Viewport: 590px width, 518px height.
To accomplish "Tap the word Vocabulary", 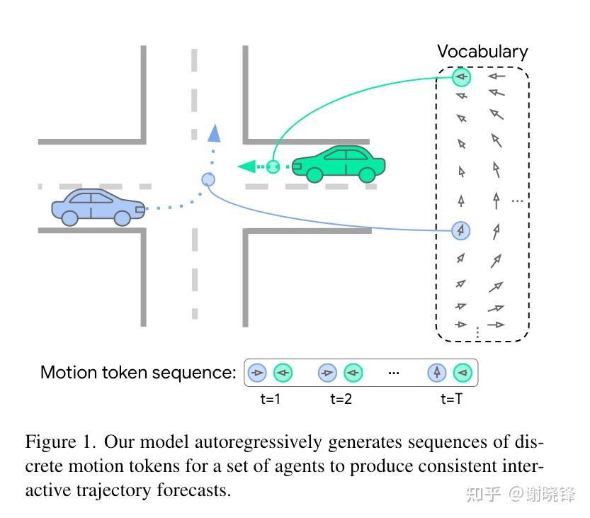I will [482, 52].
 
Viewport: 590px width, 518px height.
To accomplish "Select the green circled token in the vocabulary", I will [462, 77].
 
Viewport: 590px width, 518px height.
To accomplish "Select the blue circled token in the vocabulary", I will [461, 230].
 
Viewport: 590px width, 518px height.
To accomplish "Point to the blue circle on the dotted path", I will [208, 179].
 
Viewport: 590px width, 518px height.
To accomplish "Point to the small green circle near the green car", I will [273, 167].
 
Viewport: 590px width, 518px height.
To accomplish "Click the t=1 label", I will [271, 399].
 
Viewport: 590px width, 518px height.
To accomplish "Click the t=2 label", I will [341, 399].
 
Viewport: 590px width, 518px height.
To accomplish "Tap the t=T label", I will [451, 399].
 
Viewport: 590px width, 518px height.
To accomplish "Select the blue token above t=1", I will [258, 372].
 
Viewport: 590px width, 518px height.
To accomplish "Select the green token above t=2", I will [353, 372].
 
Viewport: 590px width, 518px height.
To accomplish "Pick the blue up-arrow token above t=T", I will [437, 372].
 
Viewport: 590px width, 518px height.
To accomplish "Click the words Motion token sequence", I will [138, 373].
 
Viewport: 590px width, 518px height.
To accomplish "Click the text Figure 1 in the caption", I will [59, 443].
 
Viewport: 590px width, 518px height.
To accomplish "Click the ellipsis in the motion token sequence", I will [395, 373].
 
